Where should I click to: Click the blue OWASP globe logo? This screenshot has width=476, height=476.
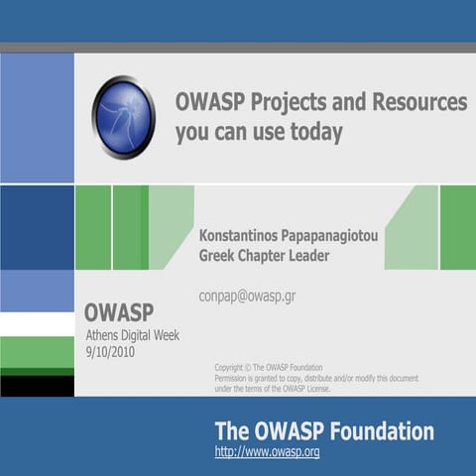(x=123, y=117)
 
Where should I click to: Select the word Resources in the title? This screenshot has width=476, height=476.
(x=414, y=102)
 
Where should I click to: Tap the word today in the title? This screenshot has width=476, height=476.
(x=310, y=133)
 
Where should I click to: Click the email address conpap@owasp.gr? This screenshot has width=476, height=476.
(x=247, y=296)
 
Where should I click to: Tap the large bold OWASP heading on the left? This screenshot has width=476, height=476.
(x=118, y=313)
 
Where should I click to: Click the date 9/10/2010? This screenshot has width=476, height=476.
(x=110, y=351)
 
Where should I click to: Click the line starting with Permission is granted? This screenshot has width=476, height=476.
(x=315, y=378)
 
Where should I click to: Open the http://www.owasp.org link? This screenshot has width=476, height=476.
(x=267, y=452)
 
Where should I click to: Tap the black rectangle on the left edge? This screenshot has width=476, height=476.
(x=37, y=386)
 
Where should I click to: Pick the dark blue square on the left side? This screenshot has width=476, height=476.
(x=37, y=227)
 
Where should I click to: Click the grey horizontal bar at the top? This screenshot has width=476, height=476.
(x=238, y=48)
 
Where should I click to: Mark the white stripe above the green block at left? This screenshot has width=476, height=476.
(x=37, y=324)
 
